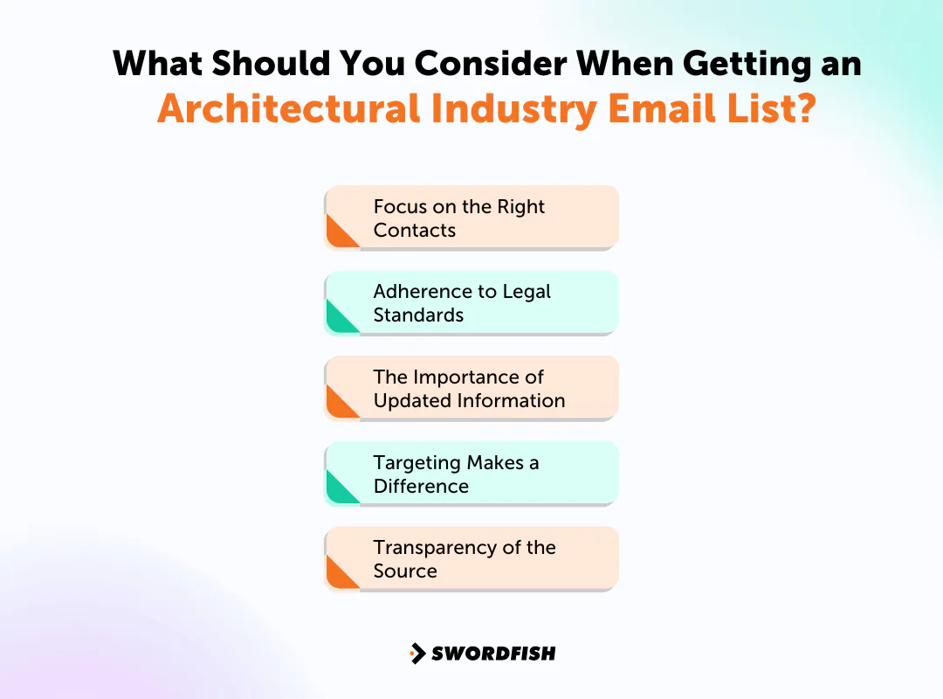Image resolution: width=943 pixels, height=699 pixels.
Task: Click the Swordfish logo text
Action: click(493, 653)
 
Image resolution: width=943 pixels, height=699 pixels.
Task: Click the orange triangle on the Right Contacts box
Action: click(340, 233)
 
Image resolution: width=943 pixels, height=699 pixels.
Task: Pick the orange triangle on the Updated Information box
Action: click(340, 404)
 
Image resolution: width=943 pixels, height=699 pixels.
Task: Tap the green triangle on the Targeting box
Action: click(340, 489)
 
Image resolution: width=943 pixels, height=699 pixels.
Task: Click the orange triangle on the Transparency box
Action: click(340, 574)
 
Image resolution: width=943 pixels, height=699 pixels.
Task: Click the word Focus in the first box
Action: click(401, 207)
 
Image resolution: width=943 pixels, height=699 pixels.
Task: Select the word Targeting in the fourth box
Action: click(416, 463)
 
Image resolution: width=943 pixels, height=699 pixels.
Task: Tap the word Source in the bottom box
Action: click(405, 571)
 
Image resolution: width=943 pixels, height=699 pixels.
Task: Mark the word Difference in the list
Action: click(421, 487)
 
